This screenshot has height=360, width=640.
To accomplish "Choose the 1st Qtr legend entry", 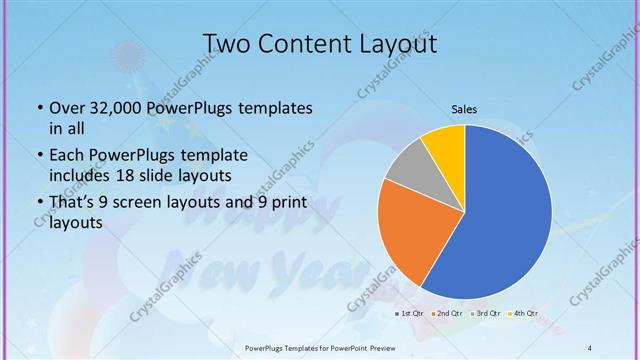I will (x=410, y=314).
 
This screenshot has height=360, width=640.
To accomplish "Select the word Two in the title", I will (x=227, y=44).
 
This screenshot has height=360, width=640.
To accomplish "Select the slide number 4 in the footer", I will (x=590, y=347).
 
